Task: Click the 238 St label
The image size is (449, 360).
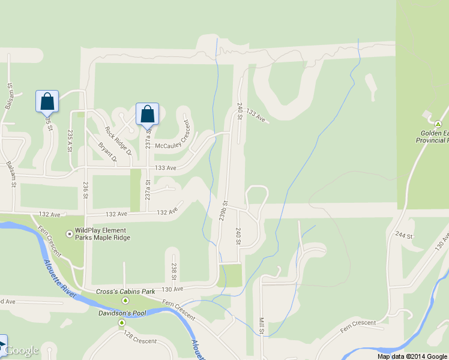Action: pos(173,271)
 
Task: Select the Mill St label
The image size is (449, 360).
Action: pos(262,326)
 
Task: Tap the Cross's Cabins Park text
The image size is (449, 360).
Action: pos(125,292)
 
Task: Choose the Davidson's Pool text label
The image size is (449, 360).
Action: pos(122,313)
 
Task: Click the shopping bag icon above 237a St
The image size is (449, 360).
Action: pos(147,113)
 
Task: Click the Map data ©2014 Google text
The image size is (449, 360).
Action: pos(412,356)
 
